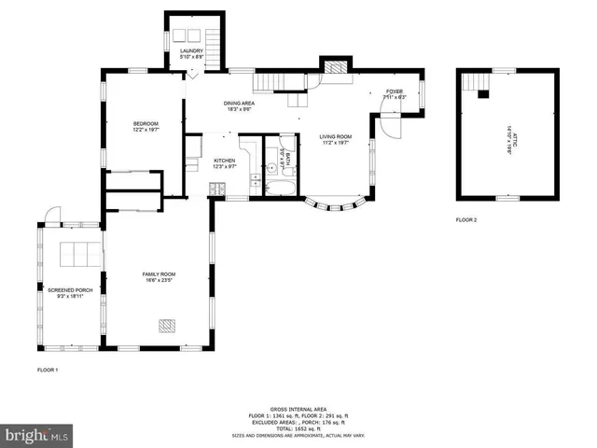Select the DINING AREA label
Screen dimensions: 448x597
click(239, 104)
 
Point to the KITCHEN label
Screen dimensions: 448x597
click(225, 161)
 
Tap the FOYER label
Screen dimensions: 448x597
click(396, 92)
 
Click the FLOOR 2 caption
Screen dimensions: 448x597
click(466, 220)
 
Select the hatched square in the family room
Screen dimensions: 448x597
click(166, 325)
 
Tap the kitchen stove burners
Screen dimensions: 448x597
click(215, 190)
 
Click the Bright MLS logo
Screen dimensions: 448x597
click(37, 435)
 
